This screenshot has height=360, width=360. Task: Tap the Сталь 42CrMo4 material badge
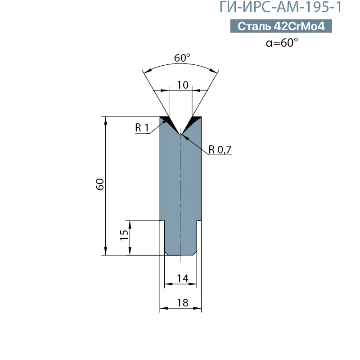click(281, 27)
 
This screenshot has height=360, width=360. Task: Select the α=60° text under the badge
click(282, 43)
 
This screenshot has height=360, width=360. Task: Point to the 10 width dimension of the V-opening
click(183, 84)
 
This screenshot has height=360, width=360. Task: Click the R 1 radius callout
click(142, 128)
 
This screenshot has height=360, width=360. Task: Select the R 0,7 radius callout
click(220, 150)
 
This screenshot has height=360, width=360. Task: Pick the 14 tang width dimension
click(182, 279)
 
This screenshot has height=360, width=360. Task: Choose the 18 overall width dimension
click(182, 303)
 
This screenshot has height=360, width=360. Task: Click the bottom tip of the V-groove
click(180, 134)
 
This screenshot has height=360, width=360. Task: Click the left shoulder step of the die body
click(162, 220)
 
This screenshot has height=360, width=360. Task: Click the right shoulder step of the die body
click(198, 220)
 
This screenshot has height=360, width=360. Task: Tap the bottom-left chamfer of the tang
click(166, 253)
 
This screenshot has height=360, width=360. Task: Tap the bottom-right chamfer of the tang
click(195, 253)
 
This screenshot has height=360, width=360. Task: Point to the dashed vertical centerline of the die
click(180, 193)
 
